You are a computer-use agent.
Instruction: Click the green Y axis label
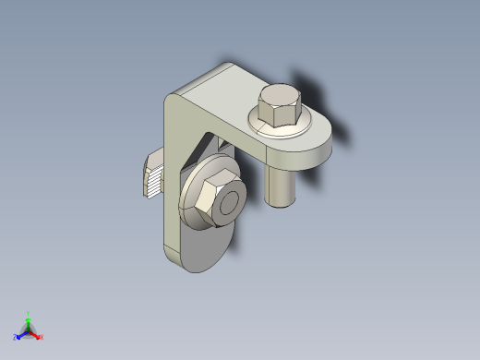pyautogui.click(x=29, y=313)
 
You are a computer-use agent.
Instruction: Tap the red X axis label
pyautogui.click(x=42, y=337)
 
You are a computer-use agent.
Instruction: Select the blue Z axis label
pyautogui.click(x=16, y=338)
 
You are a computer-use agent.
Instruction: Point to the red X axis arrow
pyautogui.click(x=36, y=333)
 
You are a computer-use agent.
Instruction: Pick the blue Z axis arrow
pyautogui.click(x=22, y=334)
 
